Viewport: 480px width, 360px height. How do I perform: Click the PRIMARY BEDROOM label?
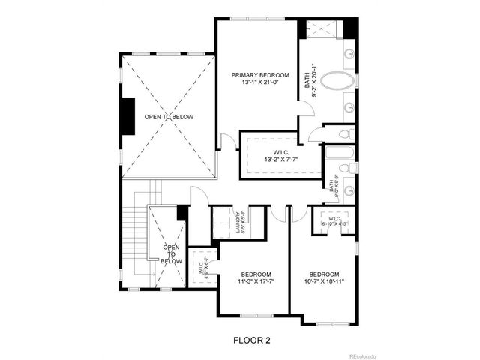[259, 75]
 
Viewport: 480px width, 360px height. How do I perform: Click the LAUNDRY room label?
[238, 223]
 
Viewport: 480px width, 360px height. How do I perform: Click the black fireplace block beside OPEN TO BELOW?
[127, 116]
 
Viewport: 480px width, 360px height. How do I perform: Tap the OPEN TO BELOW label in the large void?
[169, 117]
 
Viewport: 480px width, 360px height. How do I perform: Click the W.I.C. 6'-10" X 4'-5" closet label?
[334, 222]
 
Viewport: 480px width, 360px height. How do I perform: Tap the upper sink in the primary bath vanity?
[349, 54]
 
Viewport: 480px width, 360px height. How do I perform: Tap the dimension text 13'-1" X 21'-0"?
[259, 83]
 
